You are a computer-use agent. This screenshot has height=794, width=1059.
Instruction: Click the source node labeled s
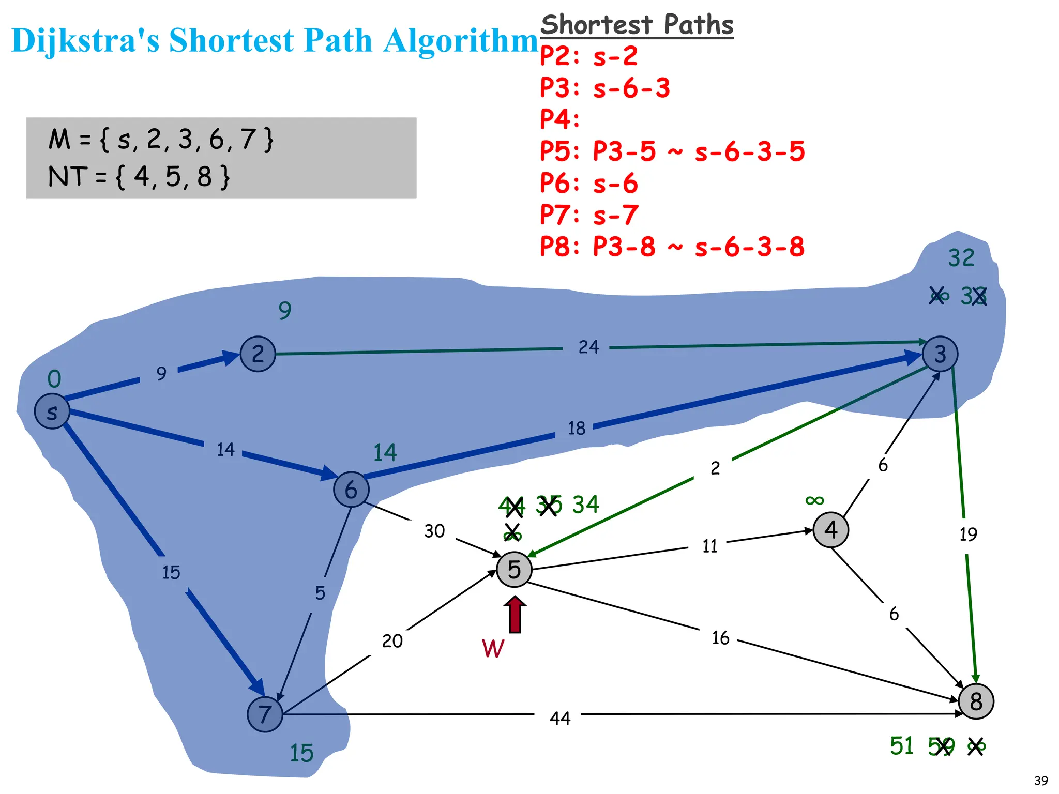tap(52, 411)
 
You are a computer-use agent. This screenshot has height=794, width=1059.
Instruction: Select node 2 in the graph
tap(258, 354)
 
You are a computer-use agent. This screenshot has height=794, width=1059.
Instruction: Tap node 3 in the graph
tap(940, 354)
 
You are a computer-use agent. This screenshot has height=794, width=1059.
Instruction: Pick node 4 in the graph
tap(830, 529)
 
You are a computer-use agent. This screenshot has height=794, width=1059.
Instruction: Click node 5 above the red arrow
tap(514, 569)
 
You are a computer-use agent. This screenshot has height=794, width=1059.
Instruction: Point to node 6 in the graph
tap(351, 489)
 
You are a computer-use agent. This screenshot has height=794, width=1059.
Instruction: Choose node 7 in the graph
tap(265, 714)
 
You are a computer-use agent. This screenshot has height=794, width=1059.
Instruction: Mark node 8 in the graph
tap(976, 701)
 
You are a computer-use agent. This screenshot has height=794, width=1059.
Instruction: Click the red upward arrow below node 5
tap(515, 615)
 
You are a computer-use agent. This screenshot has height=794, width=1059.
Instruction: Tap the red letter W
tap(493, 648)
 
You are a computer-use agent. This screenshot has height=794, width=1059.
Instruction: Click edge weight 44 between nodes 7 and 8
tap(559, 718)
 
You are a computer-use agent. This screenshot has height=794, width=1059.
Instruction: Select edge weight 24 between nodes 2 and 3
tap(588, 347)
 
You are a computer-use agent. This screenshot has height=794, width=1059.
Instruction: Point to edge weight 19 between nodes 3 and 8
tap(968, 534)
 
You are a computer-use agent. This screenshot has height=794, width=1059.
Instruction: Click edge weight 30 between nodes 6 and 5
tap(434, 531)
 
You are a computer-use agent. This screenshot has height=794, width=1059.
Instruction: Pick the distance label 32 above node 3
tap(961, 257)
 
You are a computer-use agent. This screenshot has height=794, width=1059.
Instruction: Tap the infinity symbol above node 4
tap(814, 500)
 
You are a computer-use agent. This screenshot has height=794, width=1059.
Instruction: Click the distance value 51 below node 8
tap(901, 746)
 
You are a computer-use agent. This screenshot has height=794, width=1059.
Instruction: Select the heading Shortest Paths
tap(637, 25)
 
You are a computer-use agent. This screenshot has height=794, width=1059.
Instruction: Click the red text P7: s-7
tap(589, 215)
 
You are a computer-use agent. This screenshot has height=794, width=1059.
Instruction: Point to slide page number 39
tap(1041, 781)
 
